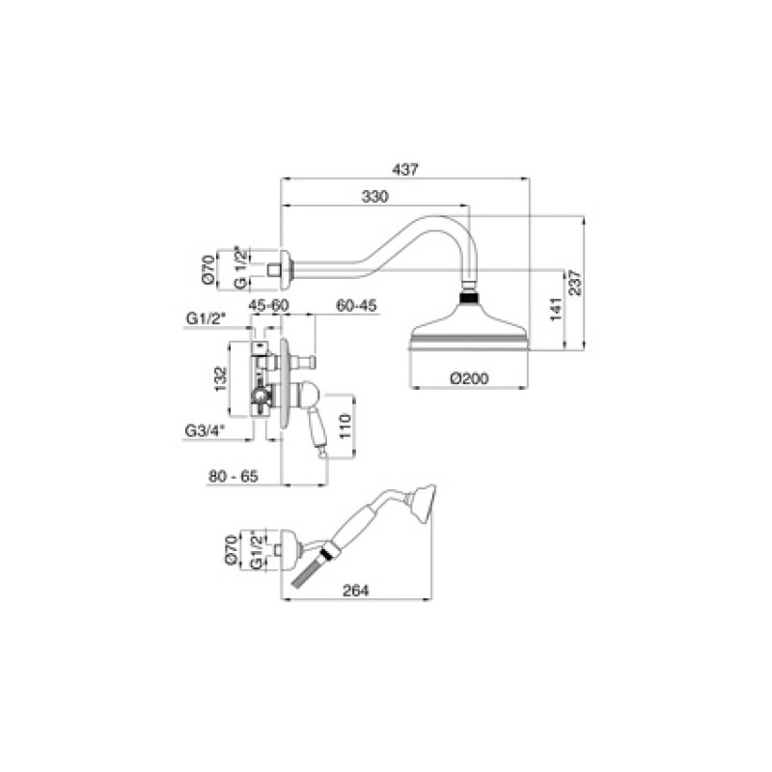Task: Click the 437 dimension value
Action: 404,170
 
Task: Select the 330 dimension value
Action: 374,197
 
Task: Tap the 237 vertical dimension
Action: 574,283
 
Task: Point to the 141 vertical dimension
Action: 556,309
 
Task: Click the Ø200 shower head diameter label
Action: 469,378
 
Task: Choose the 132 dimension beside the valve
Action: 221,378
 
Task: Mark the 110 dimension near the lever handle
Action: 345,427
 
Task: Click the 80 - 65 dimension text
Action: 234,476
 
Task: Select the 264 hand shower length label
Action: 355,591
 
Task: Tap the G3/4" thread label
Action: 205,430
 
